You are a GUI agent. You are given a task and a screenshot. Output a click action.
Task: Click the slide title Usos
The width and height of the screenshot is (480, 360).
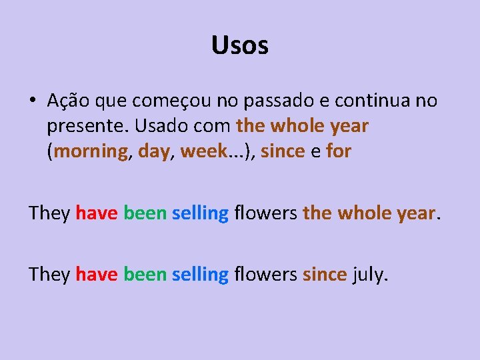[240, 45]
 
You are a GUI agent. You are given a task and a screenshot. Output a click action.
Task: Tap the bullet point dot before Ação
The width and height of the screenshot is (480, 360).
[32, 101]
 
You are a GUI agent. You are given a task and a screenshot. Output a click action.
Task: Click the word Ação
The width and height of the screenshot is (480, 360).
[65, 101]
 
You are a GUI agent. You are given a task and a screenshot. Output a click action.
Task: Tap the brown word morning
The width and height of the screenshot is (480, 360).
[91, 151]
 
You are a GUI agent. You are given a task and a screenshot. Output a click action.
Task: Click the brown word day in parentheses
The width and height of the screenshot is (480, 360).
[154, 151]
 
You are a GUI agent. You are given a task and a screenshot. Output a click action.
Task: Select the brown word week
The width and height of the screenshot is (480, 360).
[204, 151]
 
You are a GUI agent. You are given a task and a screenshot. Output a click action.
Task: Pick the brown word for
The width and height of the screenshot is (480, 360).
[339, 151]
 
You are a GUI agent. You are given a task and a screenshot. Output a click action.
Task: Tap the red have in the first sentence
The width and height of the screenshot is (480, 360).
[97, 213]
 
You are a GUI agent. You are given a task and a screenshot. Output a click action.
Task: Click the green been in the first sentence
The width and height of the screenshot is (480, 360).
[144, 213]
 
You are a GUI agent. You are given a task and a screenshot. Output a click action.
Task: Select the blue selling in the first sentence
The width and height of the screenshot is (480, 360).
[200, 213]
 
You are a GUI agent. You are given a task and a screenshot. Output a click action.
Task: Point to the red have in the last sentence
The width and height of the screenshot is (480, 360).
[97, 274]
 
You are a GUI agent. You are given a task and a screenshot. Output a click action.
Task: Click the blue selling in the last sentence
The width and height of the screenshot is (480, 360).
[200, 275]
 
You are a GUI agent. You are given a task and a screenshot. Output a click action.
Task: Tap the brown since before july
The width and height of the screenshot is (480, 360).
[324, 274]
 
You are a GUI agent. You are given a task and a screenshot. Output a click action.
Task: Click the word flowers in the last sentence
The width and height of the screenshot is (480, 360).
[265, 274]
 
